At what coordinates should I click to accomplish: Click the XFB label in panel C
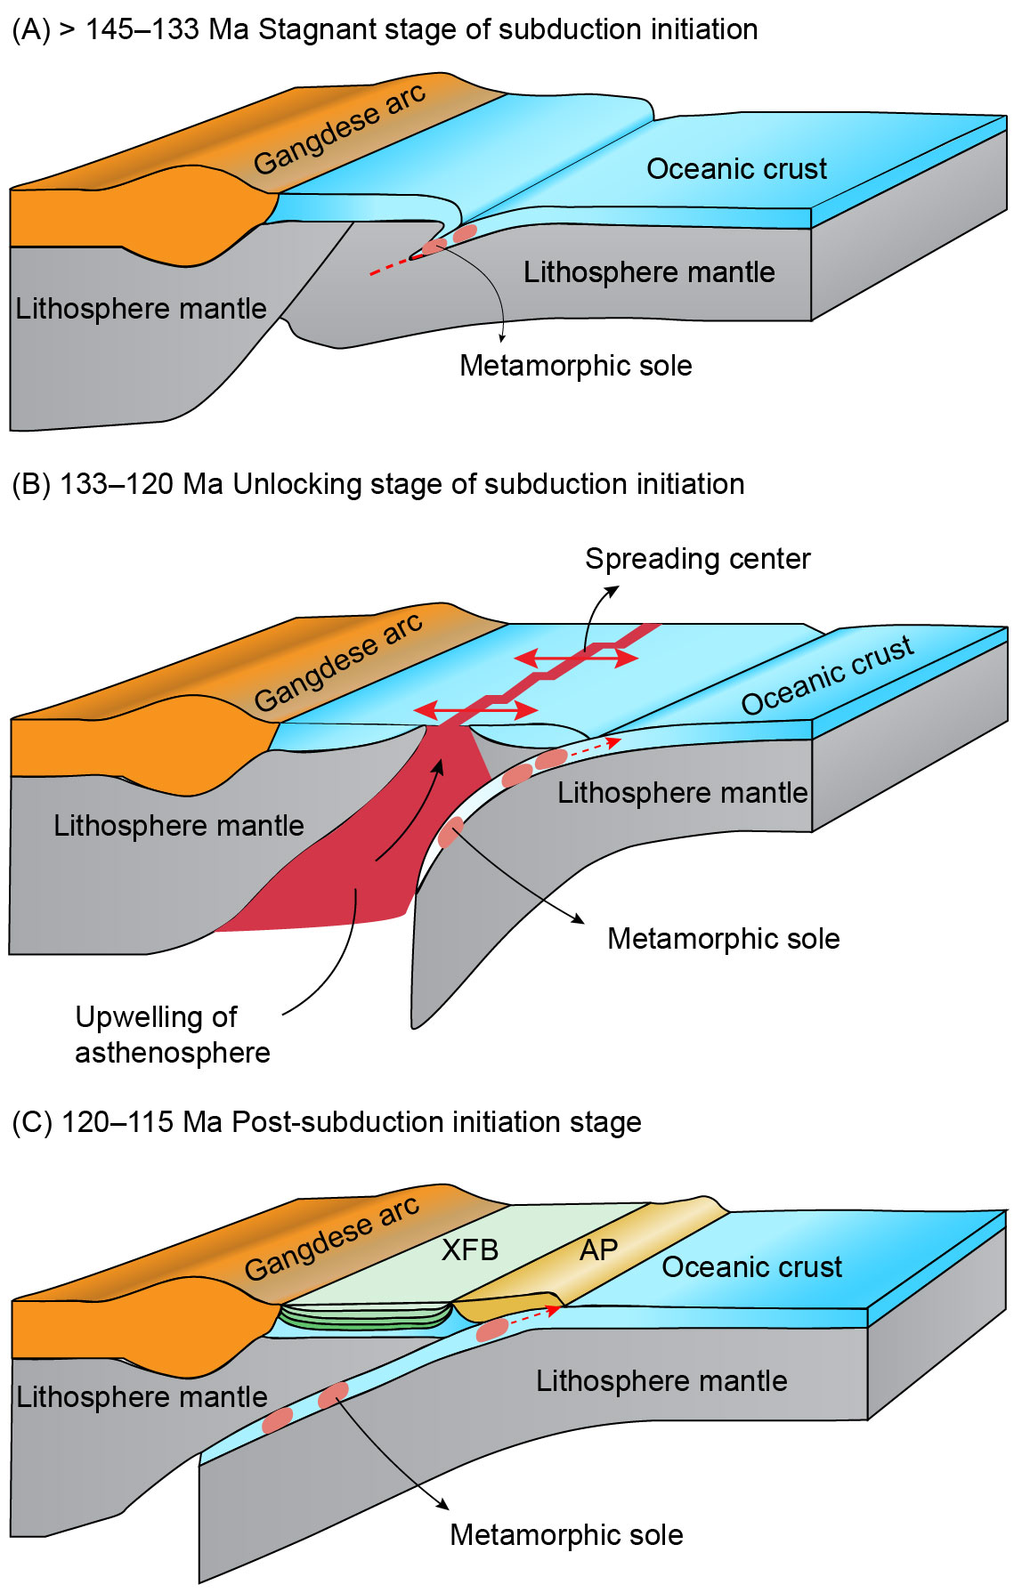tap(470, 1249)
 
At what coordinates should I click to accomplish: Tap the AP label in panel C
tap(598, 1249)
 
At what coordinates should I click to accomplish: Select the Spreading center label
tap(697, 559)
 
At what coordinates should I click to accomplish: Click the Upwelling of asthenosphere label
tap(172, 1034)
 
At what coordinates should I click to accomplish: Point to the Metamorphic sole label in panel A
tap(575, 365)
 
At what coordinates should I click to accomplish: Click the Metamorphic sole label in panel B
tap(723, 938)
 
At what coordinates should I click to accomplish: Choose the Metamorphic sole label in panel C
tap(566, 1534)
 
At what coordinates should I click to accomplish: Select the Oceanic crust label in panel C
tap(751, 1266)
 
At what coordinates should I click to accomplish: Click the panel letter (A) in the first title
tap(31, 29)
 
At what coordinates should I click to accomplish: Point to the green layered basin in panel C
tap(365, 1316)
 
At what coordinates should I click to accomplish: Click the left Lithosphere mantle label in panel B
tap(178, 825)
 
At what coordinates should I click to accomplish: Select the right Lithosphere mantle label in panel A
tap(648, 271)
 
